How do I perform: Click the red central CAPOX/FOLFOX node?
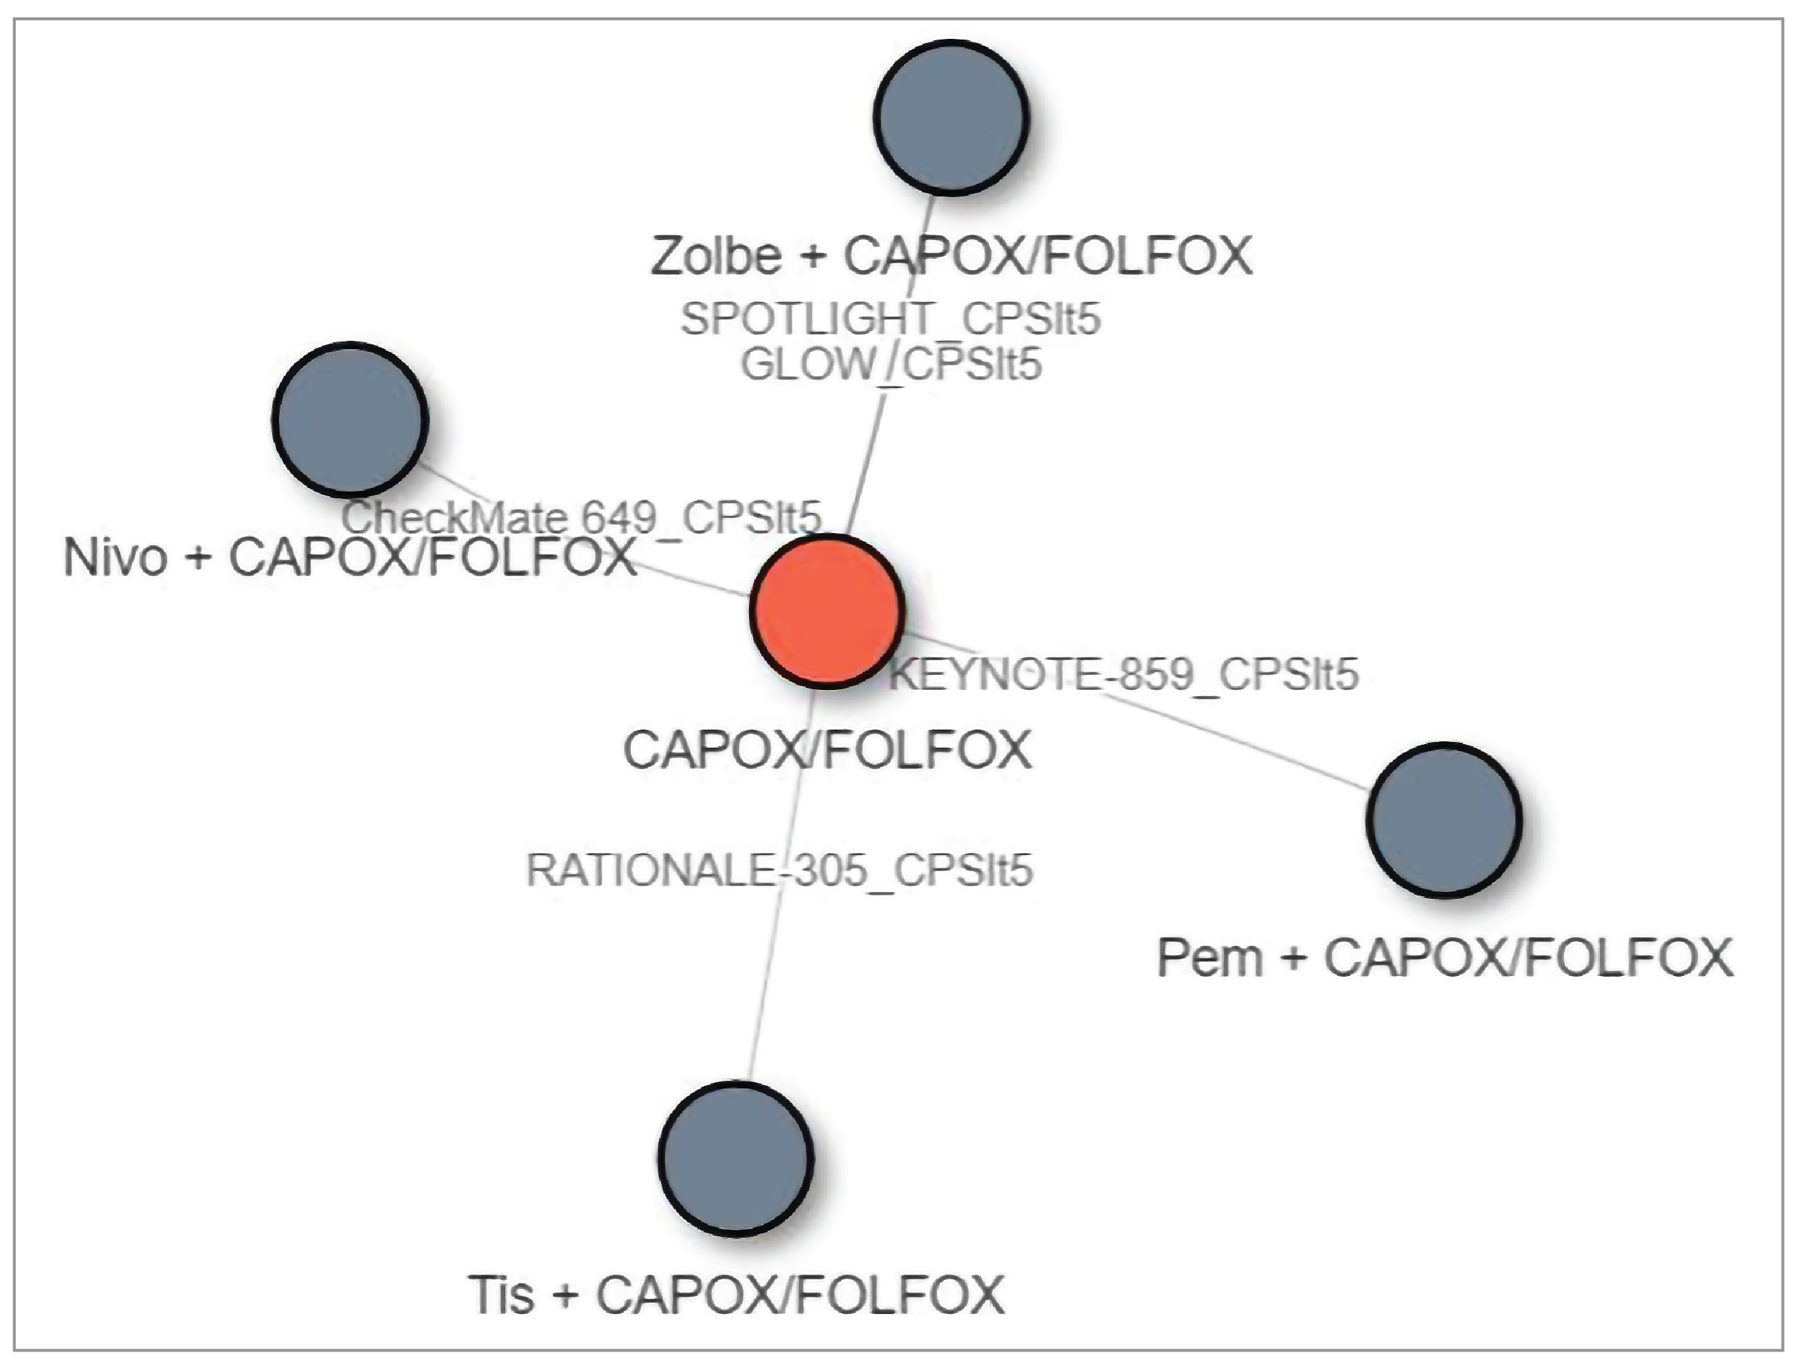pyautogui.click(x=826, y=611)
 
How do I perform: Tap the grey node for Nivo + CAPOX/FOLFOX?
pyautogui.click(x=349, y=419)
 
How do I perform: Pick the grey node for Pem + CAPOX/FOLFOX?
pyautogui.click(x=1444, y=820)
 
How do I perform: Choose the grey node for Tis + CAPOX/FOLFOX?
pyautogui.click(x=736, y=1158)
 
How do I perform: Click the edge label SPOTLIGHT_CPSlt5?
pyautogui.click(x=891, y=319)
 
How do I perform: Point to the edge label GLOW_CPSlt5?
pyautogui.click(x=891, y=364)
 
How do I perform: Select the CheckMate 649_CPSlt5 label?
pyautogui.click(x=581, y=516)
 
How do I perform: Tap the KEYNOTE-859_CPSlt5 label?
pyautogui.click(x=1125, y=675)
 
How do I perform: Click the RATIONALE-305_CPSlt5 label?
pyautogui.click(x=780, y=870)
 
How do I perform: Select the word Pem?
pyautogui.click(x=1209, y=957)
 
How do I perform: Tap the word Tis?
pyautogui.click(x=501, y=1294)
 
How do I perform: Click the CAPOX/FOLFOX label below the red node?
pyautogui.click(x=827, y=750)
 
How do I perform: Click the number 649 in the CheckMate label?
pyautogui.click(x=618, y=516)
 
